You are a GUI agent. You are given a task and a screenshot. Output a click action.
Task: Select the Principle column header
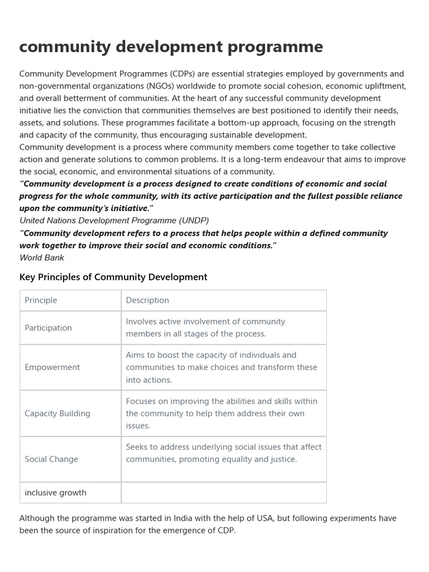(41, 301)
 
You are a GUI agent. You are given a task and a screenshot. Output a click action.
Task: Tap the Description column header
(147, 301)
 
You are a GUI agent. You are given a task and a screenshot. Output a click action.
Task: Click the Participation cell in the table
(48, 328)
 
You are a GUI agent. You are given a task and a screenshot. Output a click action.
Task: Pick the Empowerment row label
(52, 367)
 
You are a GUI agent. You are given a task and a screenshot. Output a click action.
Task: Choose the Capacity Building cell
(57, 413)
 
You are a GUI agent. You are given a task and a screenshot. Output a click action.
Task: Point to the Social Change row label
(51, 459)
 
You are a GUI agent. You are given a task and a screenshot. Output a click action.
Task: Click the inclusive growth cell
(55, 493)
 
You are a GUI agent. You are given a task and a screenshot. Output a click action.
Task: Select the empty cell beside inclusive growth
(223, 493)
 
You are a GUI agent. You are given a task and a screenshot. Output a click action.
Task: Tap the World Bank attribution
(42, 258)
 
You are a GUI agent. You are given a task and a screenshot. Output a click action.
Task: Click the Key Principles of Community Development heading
(113, 277)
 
